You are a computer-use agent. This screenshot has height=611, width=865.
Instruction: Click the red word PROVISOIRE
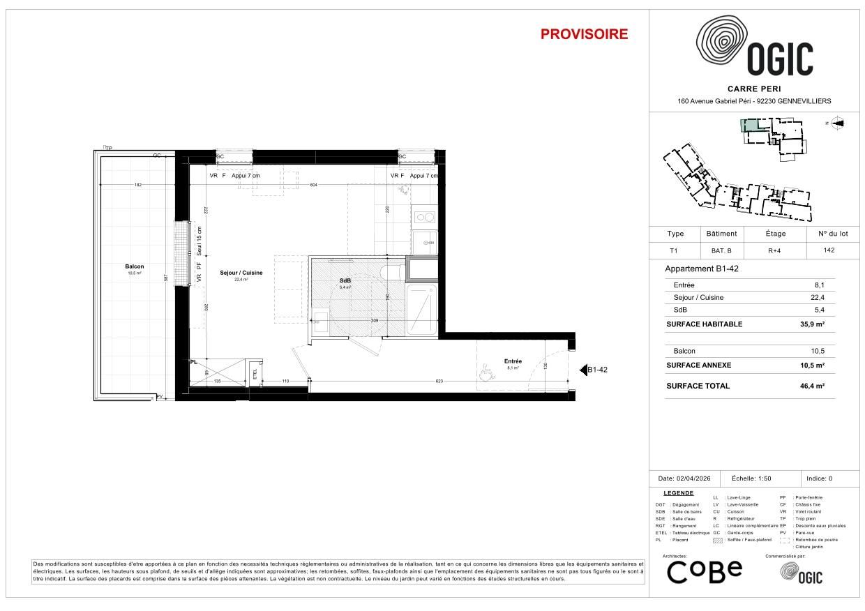[584, 34]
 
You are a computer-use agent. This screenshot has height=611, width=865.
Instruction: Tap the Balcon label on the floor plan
[135, 267]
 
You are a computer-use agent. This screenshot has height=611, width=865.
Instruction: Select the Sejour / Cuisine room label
[241, 273]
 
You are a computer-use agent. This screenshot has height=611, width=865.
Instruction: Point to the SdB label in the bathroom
[345, 280]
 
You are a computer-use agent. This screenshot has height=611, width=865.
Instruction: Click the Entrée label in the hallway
[513, 361]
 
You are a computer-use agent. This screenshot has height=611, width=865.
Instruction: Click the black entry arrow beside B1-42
[583, 370]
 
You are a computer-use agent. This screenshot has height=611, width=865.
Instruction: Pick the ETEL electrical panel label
[255, 373]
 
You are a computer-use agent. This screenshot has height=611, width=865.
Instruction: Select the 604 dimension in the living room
[313, 185]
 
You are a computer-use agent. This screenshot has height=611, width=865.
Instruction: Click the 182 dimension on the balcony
[137, 185]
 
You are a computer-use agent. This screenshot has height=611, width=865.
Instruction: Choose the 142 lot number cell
[829, 250]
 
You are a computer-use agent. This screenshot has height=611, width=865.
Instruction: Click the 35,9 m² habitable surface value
[813, 324]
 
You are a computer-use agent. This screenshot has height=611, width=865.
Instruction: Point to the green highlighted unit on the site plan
[748, 126]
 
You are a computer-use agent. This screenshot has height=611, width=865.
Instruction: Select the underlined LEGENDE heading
[678, 493]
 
